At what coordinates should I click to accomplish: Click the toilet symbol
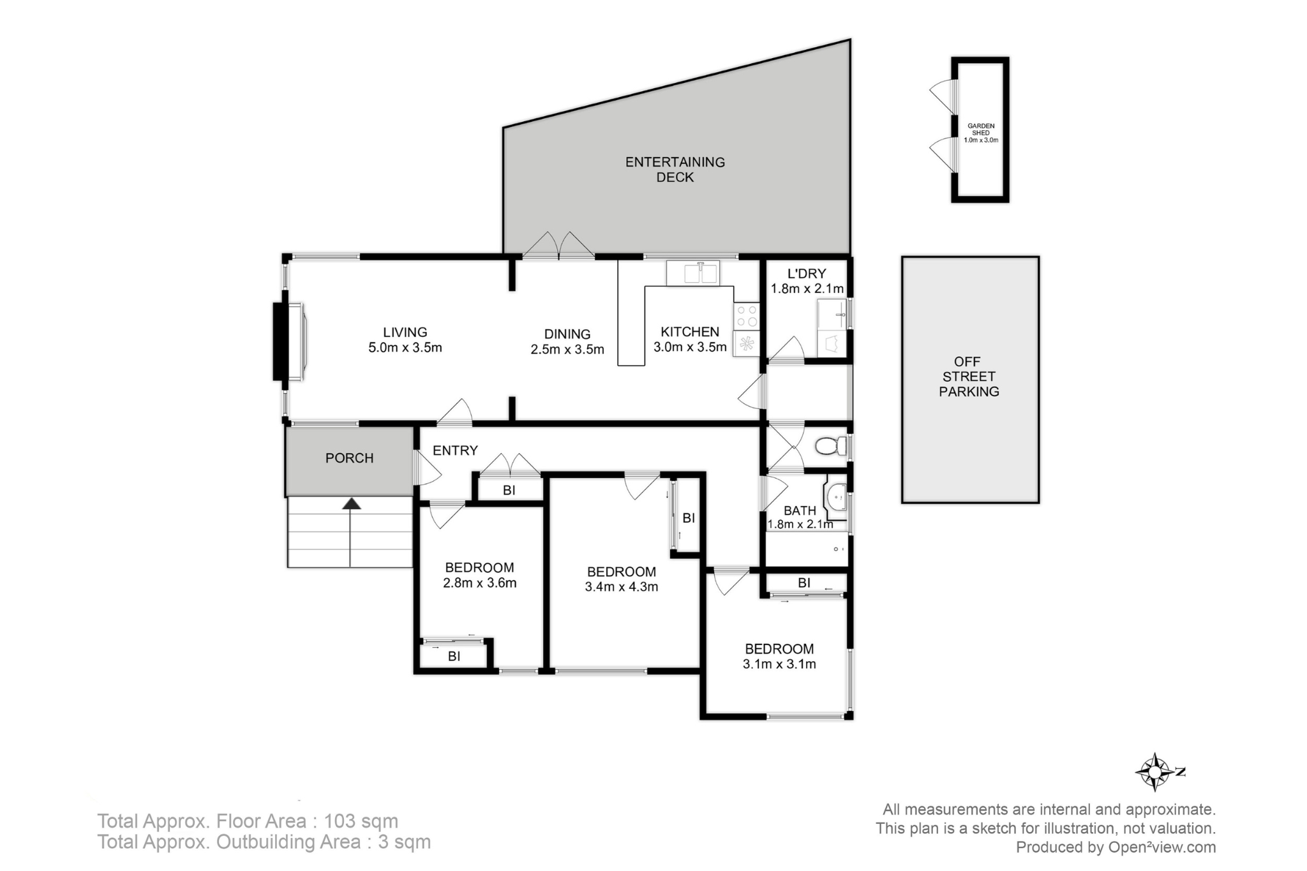[830, 446]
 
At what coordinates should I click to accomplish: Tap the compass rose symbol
[1156, 772]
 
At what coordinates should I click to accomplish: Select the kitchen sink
[693, 273]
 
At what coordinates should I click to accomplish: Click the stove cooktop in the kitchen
[746, 316]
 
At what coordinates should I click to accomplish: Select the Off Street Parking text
[969, 376]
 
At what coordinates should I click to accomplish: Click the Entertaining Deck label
[675, 170]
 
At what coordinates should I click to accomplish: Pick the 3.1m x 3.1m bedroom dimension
[779, 664]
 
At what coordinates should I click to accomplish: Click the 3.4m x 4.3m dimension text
[622, 586]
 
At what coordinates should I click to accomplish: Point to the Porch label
[350, 458]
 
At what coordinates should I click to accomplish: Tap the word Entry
[455, 450]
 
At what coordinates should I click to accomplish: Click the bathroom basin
[836, 496]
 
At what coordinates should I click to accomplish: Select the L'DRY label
[807, 274]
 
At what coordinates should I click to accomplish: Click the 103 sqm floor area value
[361, 821]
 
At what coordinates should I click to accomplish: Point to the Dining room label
[567, 334]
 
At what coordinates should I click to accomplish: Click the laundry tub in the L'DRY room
[832, 315]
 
